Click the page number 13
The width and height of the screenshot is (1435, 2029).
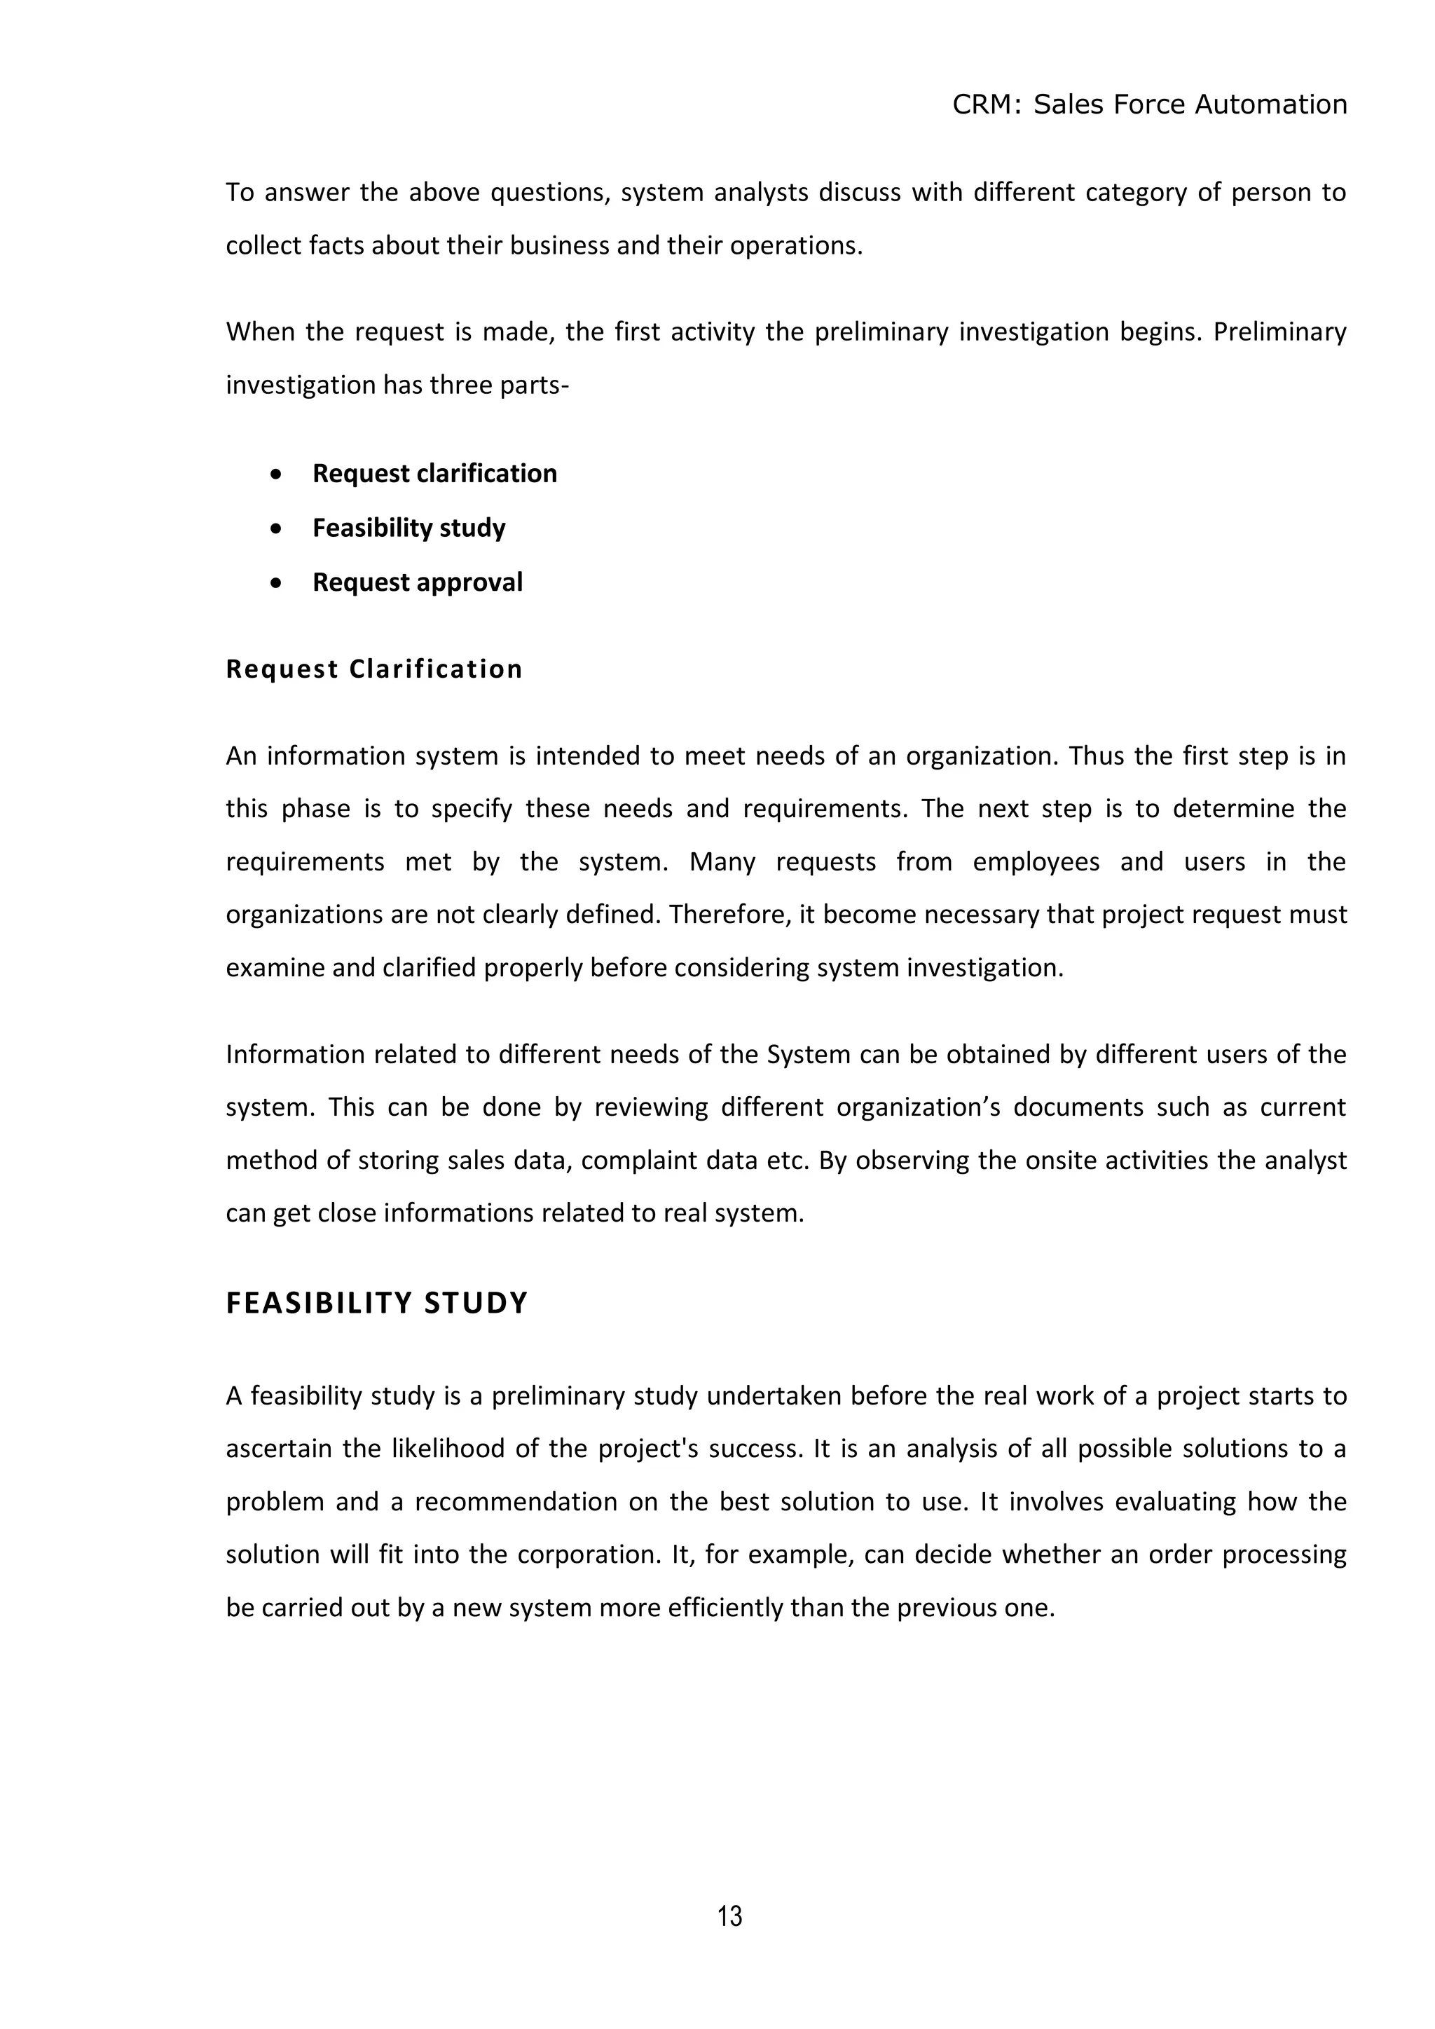pyautogui.click(x=730, y=1916)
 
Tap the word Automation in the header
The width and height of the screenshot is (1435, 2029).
pyautogui.click(x=1270, y=104)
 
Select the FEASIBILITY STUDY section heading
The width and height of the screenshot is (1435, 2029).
pyautogui.click(x=376, y=1304)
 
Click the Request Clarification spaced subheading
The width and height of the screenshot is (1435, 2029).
pyautogui.click(x=373, y=669)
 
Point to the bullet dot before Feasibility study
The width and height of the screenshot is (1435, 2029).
pyautogui.click(x=277, y=528)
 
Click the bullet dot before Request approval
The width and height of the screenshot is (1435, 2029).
pyautogui.click(x=277, y=583)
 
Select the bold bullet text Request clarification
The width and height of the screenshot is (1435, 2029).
pyautogui.click(x=434, y=474)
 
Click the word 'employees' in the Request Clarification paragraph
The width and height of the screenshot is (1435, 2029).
pyautogui.click(x=1036, y=861)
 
